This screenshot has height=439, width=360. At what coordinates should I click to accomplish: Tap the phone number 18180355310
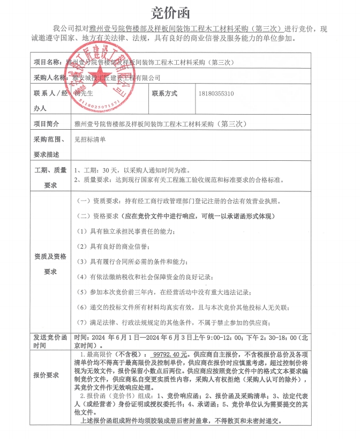pos(216,93)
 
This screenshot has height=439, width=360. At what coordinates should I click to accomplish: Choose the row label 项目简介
pos(47,124)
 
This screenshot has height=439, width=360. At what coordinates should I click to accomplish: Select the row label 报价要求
pos(47,375)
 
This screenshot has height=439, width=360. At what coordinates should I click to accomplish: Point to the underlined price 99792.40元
pos(169,355)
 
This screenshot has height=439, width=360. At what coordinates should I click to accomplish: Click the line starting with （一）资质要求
pos(179,202)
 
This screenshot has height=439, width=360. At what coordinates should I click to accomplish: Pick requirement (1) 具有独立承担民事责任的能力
pos(125,231)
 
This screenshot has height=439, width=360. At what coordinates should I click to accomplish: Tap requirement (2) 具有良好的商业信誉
pos(112,247)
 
